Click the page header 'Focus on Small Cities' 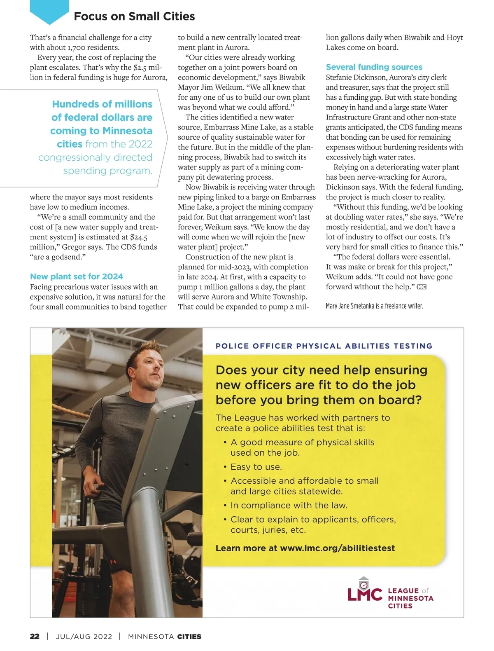click(x=134, y=16)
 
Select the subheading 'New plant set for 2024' click(x=77, y=276)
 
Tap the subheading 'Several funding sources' click(x=374, y=67)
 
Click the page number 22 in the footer click(x=35, y=636)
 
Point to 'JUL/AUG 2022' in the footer click(x=84, y=636)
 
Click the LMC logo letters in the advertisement click(x=365, y=595)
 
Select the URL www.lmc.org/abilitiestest click(x=337, y=548)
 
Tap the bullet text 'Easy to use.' click(x=256, y=467)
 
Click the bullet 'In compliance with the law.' click(x=289, y=505)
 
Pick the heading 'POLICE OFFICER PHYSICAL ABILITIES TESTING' click(x=324, y=346)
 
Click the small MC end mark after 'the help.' click(x=422, y=287)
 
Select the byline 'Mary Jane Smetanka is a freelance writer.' click(x=374, y=306)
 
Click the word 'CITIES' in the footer click(x=189, y=636)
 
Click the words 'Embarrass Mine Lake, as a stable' click(x=259, y=127)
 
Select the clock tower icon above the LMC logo click(x=364, y=583)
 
